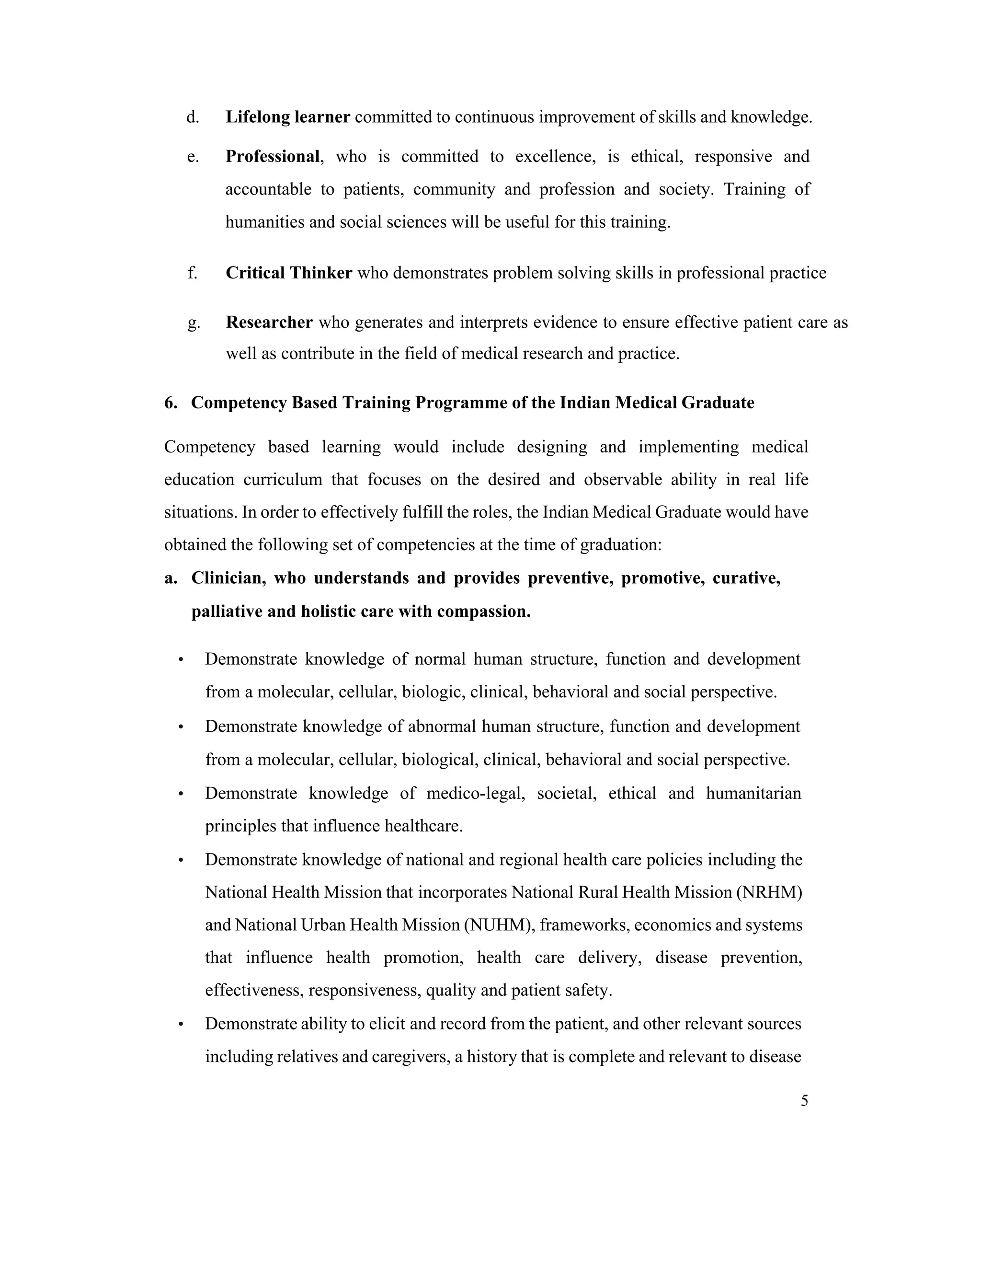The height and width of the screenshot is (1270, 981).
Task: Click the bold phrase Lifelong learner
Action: click(x=288, y=117)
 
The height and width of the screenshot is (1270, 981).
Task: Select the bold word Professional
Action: click(x=273, y=156)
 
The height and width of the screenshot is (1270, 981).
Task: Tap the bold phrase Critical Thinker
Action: click(x=289, y=273)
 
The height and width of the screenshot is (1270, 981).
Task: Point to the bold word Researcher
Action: click(x=269, y=322)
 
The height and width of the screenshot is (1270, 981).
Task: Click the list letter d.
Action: click(x=193, y=117)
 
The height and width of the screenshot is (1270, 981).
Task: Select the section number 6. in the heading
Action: click(x=171, y=403)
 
